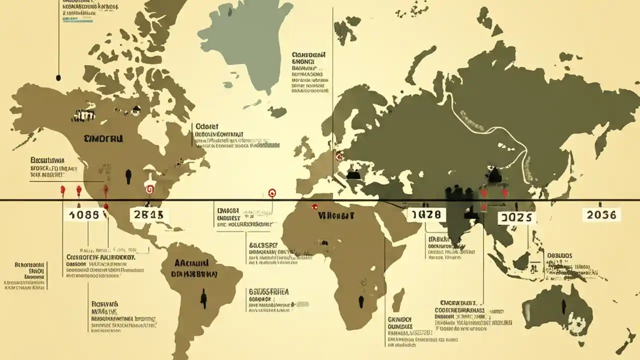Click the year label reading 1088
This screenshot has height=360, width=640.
pos(84,215)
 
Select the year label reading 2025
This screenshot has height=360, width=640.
pos(517,218)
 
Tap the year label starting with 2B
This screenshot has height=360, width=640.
pos(149,215)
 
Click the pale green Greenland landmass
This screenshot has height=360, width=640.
pos(245,42)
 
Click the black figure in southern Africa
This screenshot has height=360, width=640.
pos(361,301)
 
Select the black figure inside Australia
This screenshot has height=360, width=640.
pos(563,306)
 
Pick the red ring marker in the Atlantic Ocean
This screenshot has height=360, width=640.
pos(272,192)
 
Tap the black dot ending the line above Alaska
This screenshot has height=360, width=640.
pos(58,77)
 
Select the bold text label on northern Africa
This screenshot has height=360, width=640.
pos(335,216)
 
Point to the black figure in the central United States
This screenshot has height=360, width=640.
pos(129,176)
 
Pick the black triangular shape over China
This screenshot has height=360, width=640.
pos(494,174)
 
